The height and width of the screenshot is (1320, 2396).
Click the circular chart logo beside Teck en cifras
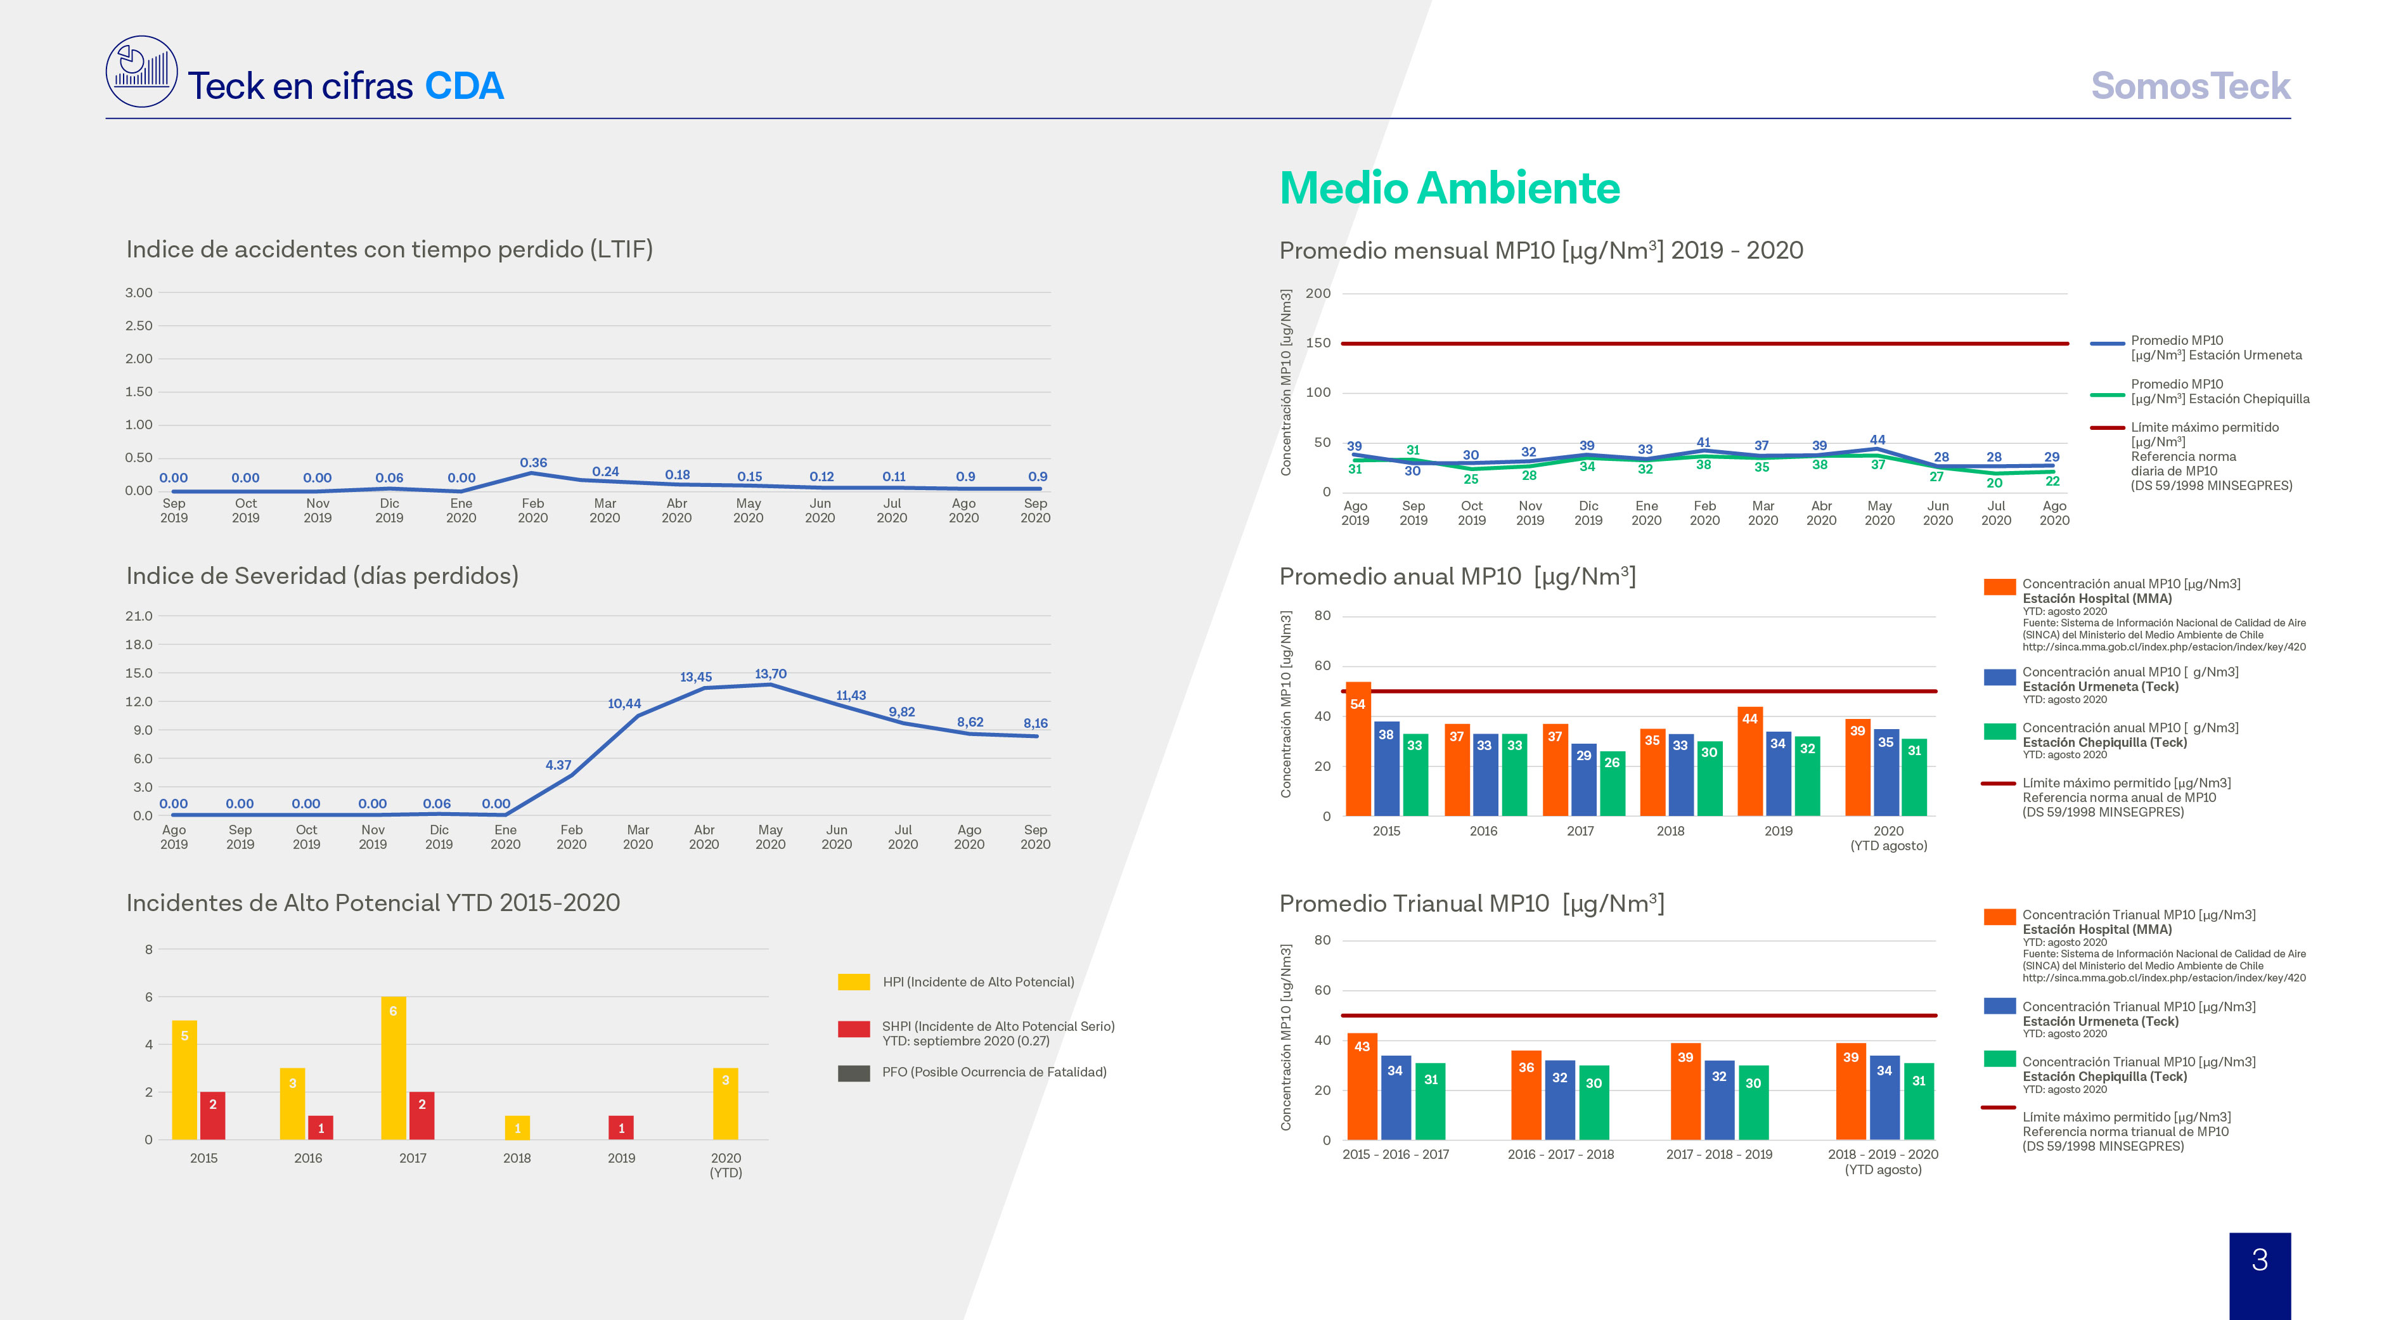tap(141, 72)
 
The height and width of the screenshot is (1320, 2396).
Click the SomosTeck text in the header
tap(2191, 86)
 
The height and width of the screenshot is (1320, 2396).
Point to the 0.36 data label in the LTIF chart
tap(533, 462)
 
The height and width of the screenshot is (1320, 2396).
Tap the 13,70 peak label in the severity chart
tap(770, 673)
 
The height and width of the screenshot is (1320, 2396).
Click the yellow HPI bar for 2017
tap(394, 1068)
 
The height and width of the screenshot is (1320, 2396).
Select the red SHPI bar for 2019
tap(621, 1127)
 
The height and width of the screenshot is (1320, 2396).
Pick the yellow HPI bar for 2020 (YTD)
tap(726, 1103)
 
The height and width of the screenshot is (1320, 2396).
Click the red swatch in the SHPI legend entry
tap(854, 1029)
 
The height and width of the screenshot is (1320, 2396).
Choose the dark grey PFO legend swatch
tap(854, 1073)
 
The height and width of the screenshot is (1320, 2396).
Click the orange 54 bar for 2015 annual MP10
tap(1358, 749)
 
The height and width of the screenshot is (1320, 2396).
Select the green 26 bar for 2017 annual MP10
tap(1612, 783)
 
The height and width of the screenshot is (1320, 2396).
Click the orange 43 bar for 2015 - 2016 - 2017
tap(1362, 1087)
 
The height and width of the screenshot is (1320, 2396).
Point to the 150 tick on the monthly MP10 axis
tap(1318, 342)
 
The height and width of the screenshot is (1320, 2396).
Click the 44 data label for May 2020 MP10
tap(1878, 440)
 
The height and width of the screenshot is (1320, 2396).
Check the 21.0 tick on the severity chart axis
tap(139, 616)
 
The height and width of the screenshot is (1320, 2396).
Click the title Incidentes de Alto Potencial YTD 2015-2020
tap(373, 902)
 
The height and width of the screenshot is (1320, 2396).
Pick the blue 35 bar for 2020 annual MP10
tap(1885, 772)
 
